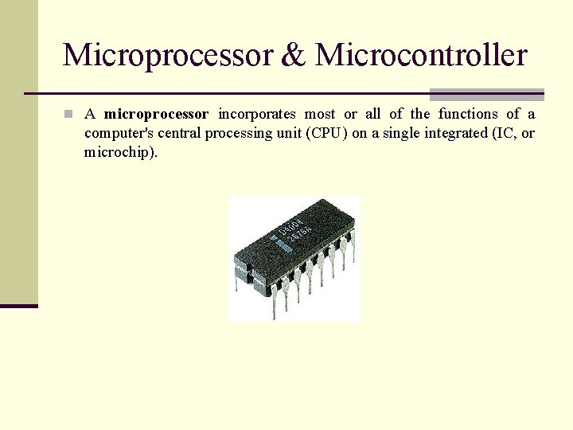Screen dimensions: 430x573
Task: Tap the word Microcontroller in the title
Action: coord(421,55)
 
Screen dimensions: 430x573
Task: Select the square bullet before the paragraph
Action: coord(69,115)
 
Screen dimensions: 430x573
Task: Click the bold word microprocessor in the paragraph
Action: coord(156,115)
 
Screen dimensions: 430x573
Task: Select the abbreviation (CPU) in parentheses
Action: coord(326,133)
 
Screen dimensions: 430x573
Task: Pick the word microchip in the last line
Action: coord(119,152)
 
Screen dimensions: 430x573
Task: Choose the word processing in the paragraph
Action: coord(236,133)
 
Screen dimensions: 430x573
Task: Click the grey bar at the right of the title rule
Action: coord(487,94)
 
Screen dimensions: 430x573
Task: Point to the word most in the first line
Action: coord(319,115)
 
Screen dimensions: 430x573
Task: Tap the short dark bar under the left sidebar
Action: coord(18,306)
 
